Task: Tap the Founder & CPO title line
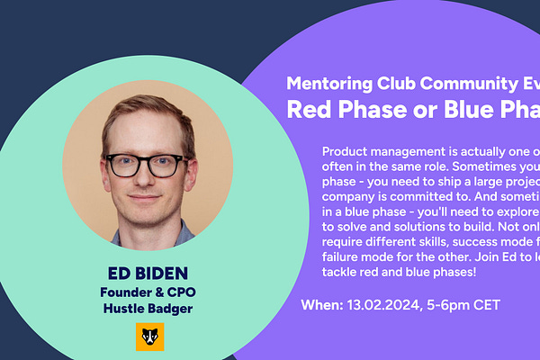point(148,292)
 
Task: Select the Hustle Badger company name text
point(148,309)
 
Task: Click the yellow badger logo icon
point(148,337)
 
